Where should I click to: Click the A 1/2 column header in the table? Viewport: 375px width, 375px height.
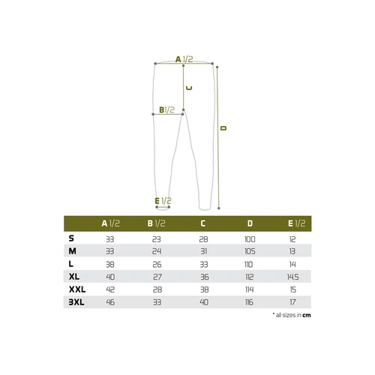(110, 223)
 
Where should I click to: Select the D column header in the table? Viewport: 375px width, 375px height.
(250, 223)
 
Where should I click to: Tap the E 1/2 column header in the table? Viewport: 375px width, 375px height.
(296, 223)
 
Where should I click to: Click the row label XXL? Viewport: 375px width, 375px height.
(77, 289)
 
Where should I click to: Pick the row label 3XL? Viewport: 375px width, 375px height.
(76, 302)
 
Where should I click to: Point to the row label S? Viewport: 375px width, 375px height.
(71, 238)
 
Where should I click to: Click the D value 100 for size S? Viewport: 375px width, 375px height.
(250, 239)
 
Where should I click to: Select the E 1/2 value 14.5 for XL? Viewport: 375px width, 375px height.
(292, 277)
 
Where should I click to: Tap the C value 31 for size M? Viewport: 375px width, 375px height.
(204, 251)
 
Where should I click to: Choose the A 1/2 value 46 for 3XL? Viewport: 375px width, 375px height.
(110, 302)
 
